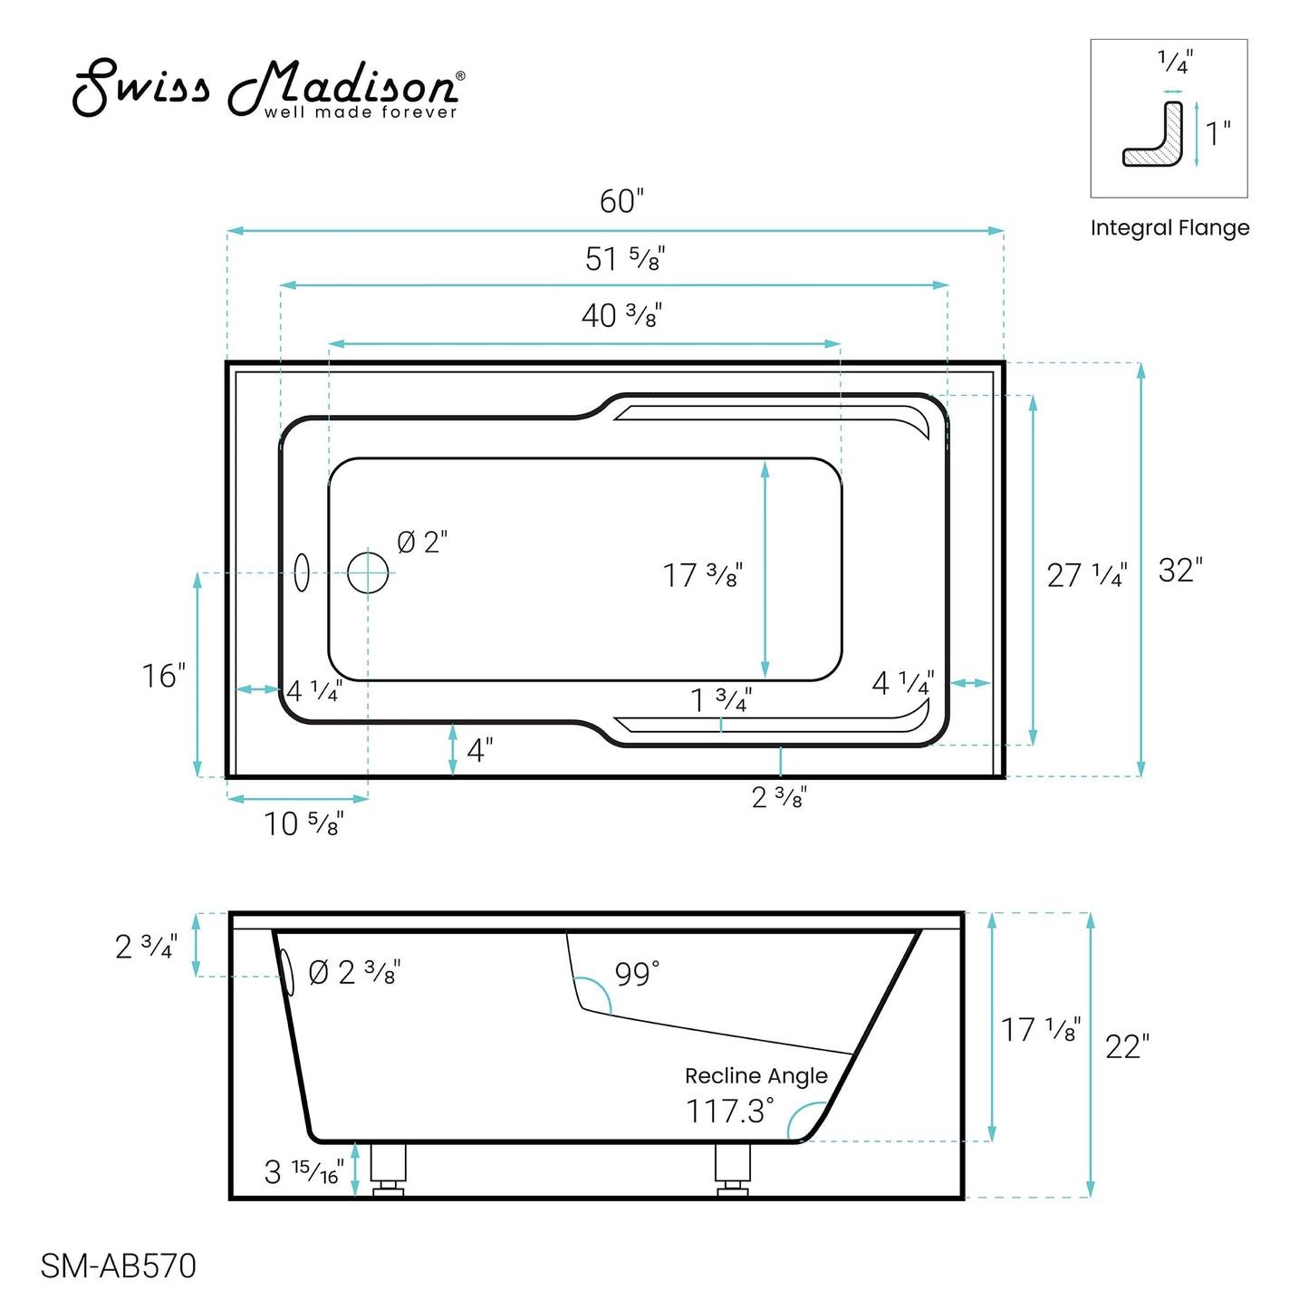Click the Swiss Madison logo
tap(267, 89)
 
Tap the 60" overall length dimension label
tap(621, 201)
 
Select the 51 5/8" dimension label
tap(624, 259)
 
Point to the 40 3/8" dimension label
tap(621, 315)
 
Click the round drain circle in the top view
tap(368, 573)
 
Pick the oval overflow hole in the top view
tap(302, 573)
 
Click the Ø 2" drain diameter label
tap(422, 543)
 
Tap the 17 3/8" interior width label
tap(702, 575)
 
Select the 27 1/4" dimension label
tap(1086, 575)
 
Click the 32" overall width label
tap(1180, 571)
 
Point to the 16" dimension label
tap(163, 676)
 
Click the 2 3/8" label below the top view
tap(779, 797)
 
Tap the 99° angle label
tap(637, 975)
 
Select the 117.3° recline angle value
tap(730, 1112)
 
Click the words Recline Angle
tap(756, 1075)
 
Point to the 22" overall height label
tap(1127, 1047)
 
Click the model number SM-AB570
tap(119, 1266)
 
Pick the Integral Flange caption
tap(1169, 228)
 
